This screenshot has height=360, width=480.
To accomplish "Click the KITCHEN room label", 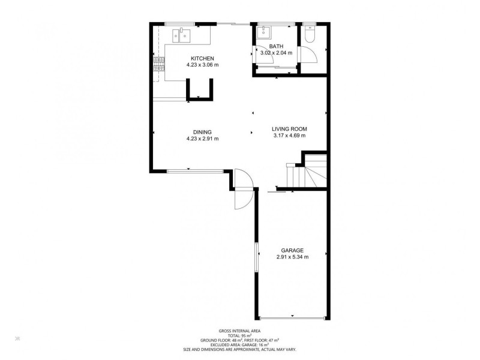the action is coord(202,58).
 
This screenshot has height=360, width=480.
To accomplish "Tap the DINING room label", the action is coord(202,132).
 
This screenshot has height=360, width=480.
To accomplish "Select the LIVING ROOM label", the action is coord(289,129).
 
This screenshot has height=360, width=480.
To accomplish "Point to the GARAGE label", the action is coord(292,250).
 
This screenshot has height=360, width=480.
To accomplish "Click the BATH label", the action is coord(276,47).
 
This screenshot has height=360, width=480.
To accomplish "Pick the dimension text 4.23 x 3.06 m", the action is coord(202,65).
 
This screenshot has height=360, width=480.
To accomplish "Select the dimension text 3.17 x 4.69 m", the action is coord(289,136).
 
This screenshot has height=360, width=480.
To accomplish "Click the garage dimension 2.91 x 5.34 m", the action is coord(292,257).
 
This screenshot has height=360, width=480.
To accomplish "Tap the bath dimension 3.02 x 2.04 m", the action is coord(276,53).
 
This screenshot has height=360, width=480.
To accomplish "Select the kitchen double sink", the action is coord(182,35).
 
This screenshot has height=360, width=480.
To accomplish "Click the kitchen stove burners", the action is coord(159,64).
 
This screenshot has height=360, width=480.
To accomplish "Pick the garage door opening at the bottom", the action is coord(292,319).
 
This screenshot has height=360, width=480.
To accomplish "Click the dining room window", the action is coord(196,172).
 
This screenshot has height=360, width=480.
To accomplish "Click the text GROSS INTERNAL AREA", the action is coord(239,331).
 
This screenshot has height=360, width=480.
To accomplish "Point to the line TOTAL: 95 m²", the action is coord(239,335).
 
